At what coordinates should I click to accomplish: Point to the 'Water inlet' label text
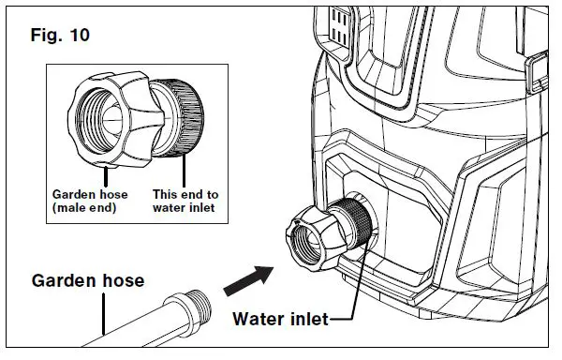point(280,320)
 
